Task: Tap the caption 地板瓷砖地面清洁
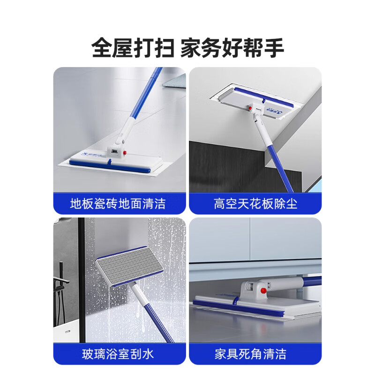118,204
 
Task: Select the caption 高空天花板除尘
255,204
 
